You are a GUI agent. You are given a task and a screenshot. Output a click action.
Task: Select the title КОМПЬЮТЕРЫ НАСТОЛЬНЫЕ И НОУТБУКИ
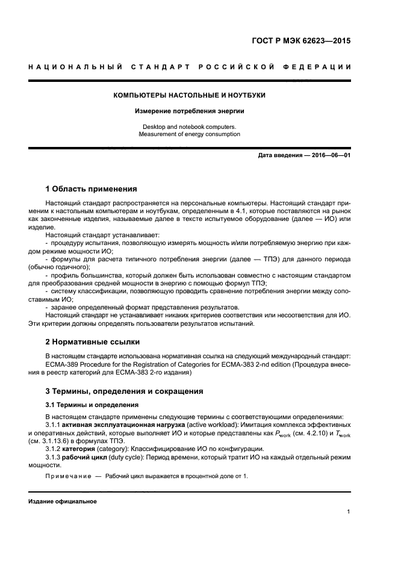[x=190, y=95]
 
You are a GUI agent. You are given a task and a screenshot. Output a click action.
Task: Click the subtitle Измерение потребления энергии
[x=190, y=111]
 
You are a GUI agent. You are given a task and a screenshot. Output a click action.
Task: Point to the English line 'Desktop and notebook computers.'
[x=190, y=127]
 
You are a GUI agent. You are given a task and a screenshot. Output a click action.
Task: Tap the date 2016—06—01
[x=331, y=155]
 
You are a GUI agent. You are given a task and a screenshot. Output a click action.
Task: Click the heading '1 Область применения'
[x=91, y=188]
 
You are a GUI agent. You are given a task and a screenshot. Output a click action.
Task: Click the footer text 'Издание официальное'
[x=62, y=501]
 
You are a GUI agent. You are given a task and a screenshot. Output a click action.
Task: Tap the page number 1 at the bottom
[x=349, y=512]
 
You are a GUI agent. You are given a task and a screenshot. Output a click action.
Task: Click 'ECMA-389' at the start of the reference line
[x=61, y=364]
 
